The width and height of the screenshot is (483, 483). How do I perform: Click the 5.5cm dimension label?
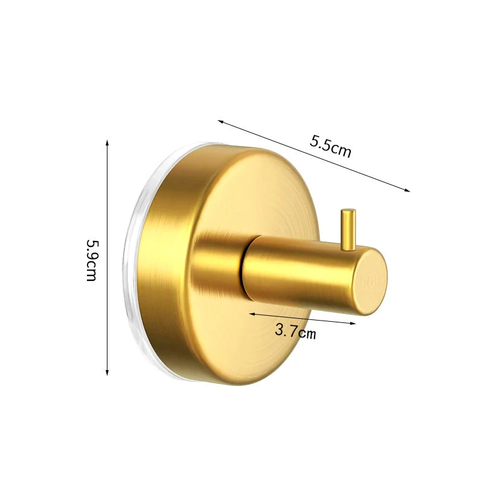(330, 146)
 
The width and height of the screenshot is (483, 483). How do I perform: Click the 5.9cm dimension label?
(92, 260)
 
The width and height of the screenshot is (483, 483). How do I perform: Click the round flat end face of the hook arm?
(369, 281)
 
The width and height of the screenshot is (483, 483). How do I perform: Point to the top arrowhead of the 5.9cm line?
(107, 142)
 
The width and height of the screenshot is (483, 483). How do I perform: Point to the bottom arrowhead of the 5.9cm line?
(107, 373)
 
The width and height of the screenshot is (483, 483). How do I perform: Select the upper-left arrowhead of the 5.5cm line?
(220, 121)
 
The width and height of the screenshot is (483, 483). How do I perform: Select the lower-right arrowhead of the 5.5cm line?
(407, 190)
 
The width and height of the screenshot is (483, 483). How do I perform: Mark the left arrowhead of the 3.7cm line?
(252, 314)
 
